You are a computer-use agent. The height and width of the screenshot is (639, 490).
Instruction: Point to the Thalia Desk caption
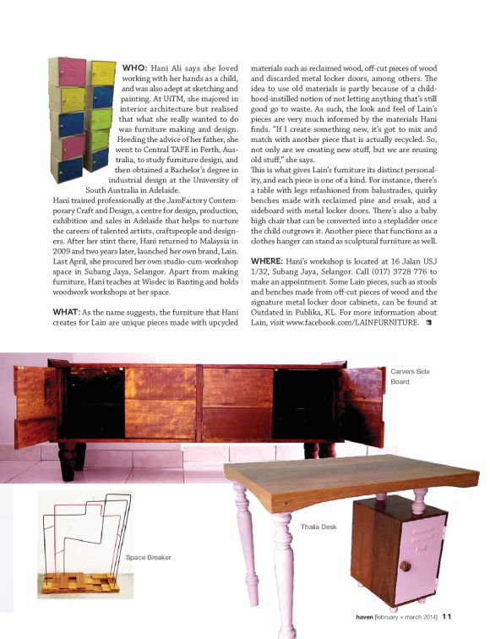(318, 527)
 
